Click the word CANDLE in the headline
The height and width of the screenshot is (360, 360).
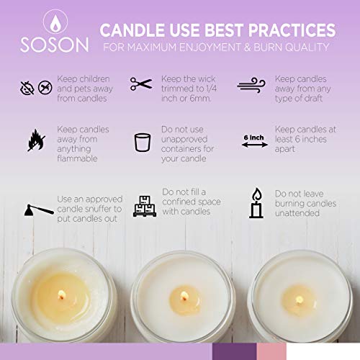pos(132,30)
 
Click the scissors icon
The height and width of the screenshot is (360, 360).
pos(141,84)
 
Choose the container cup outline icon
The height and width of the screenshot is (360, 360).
pos(141,140)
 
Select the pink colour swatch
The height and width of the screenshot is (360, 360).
pos(277,351)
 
